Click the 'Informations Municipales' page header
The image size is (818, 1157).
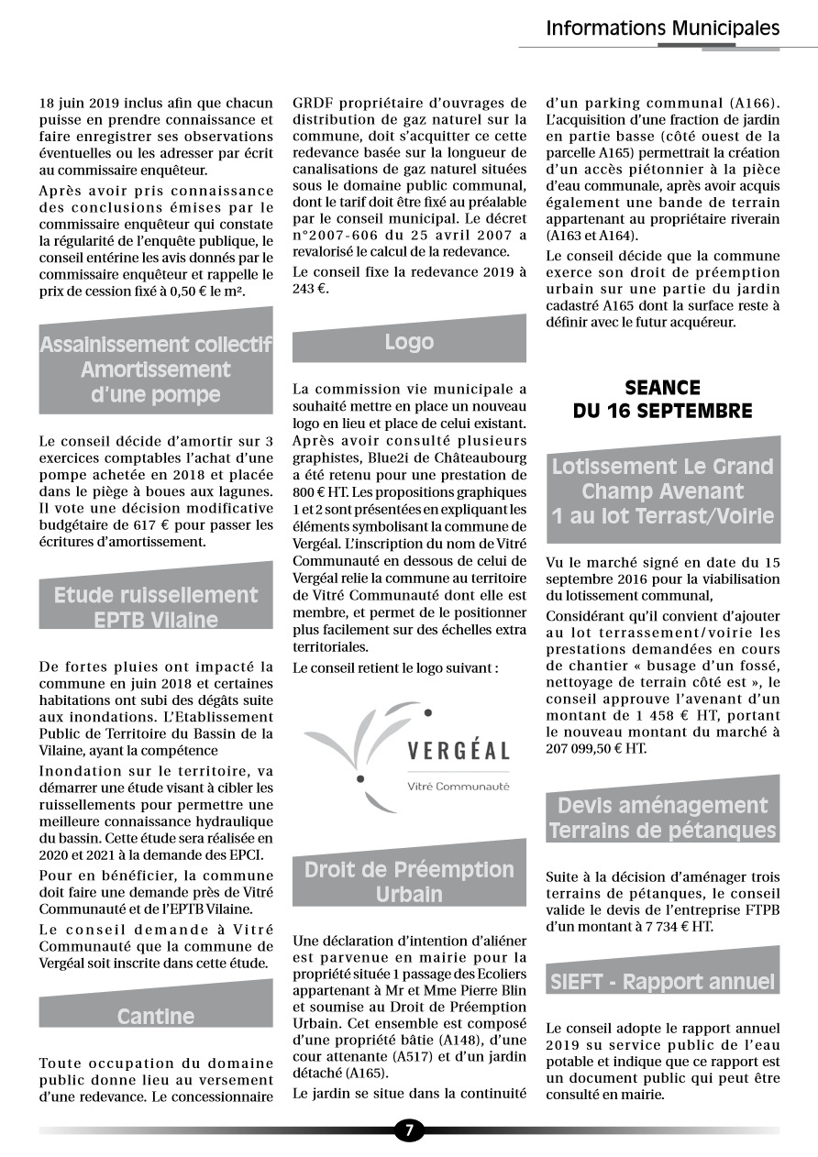tap(662, 28)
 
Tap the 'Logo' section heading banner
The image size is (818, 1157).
tap(409, 342)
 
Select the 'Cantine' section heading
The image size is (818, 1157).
tap(156, 1016)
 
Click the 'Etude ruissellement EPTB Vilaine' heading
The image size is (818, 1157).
tap(156, 607)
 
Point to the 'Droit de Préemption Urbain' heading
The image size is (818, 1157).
tap(409, 881)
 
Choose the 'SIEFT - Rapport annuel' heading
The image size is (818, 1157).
tap(662, 982)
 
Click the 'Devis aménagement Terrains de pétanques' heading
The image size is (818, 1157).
tap(662, 818)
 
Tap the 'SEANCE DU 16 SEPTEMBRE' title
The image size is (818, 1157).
tap(662, 399)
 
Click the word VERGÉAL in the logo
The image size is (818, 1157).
tap(459, 751)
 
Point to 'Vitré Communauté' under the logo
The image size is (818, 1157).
tap(459, 786)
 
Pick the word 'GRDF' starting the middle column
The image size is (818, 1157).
tap(312, 103)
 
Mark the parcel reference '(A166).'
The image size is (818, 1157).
tap(755, 103)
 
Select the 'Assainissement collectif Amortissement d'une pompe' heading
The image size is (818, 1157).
tap(156, 369)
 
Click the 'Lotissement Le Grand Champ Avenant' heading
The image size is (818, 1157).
tap(662, 490)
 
